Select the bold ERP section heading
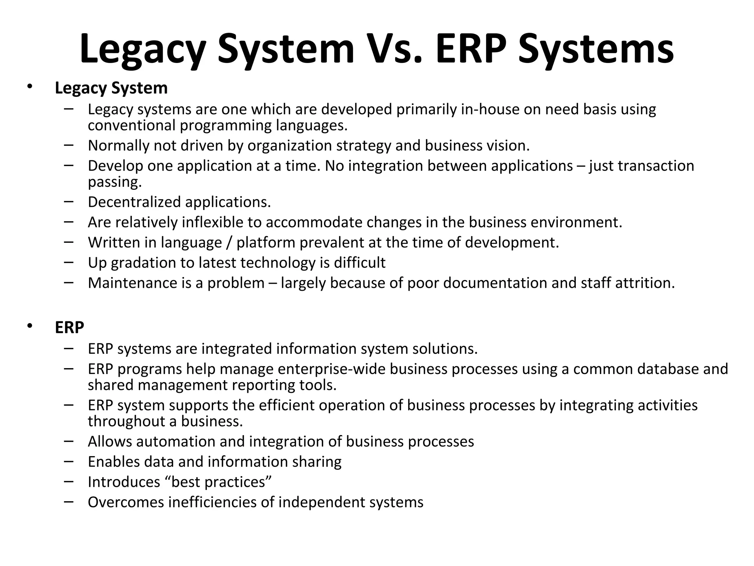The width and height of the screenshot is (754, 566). tap(69, 327)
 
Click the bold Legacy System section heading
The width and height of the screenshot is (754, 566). tap(111, 88)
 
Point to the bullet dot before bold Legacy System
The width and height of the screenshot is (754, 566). tap(29, 87)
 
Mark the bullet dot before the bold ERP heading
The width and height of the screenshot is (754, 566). tap(29, 326)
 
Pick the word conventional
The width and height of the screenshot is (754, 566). tap(131, 126)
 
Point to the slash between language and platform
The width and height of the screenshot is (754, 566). tap(229, 243)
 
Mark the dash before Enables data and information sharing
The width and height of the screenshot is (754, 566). tap(68, 461)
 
